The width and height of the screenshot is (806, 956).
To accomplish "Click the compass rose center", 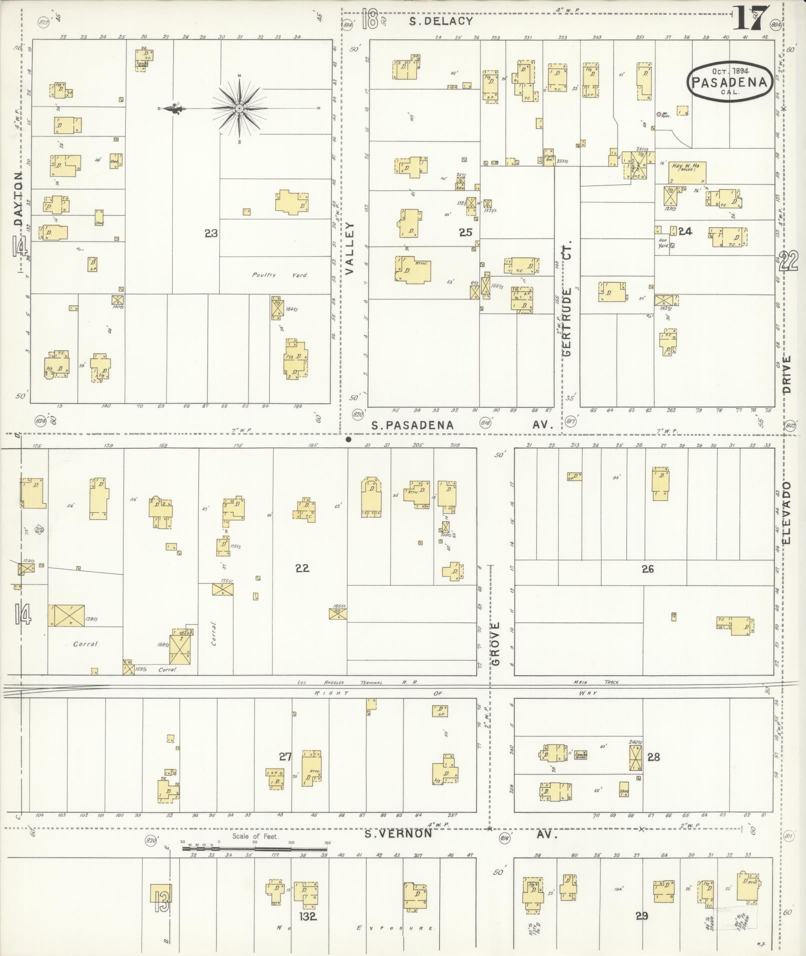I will tap(239, 108).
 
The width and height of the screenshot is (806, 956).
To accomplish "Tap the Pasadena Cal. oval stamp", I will tap(730, 83).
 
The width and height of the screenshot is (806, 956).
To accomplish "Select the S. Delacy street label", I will tap(440, 21).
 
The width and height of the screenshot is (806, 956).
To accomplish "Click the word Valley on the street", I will tap(349, 248).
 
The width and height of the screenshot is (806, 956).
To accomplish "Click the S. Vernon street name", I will tap(397, 834).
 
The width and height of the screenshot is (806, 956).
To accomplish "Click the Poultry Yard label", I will tap(280, 275).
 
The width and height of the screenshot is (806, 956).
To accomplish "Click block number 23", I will tap(211, 233).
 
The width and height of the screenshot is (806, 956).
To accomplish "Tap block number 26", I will tap(648, 569).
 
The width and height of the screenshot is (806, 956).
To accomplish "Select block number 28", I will tap(654, 757).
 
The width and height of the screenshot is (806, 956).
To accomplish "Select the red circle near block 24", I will tap(659, 114).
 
